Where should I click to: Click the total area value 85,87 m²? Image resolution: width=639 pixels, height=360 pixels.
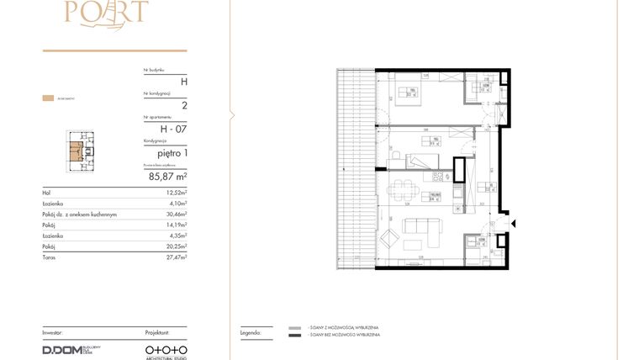(x=167, y=177)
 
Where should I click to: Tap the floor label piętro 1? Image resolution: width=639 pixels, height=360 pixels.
(x=169, y=153)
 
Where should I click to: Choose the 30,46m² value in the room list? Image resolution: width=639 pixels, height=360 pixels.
(x=175, y=214)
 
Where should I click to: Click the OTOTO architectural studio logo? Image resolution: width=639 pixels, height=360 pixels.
(x=166, y=348)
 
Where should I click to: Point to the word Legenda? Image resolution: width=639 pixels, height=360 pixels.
(x=251, y=333)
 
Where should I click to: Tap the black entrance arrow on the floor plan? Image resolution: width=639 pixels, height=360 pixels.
(x=514, y=224)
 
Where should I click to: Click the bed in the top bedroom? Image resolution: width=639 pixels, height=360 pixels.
(x=409, y=94)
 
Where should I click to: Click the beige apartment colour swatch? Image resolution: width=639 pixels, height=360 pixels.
(x=48, y=98)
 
